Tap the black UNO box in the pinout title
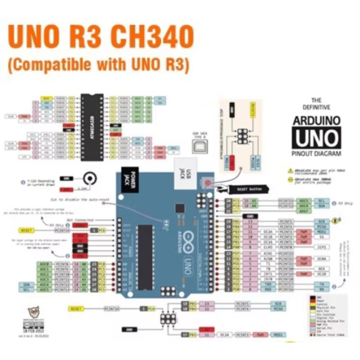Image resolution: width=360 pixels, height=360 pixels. coord(316,138)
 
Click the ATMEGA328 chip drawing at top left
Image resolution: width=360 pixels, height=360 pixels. coord(92,127)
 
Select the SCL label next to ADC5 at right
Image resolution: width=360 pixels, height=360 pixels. coord(321,201)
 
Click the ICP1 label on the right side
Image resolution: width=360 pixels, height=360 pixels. coord(322,247)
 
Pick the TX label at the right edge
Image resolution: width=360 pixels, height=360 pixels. coord(322,284)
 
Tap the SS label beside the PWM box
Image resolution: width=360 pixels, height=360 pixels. coord(322,237)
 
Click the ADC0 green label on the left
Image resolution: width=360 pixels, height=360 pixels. coord(44,264)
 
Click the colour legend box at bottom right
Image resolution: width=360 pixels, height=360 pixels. coord(328,315)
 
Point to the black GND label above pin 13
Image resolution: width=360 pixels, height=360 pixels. coord(249,216)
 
